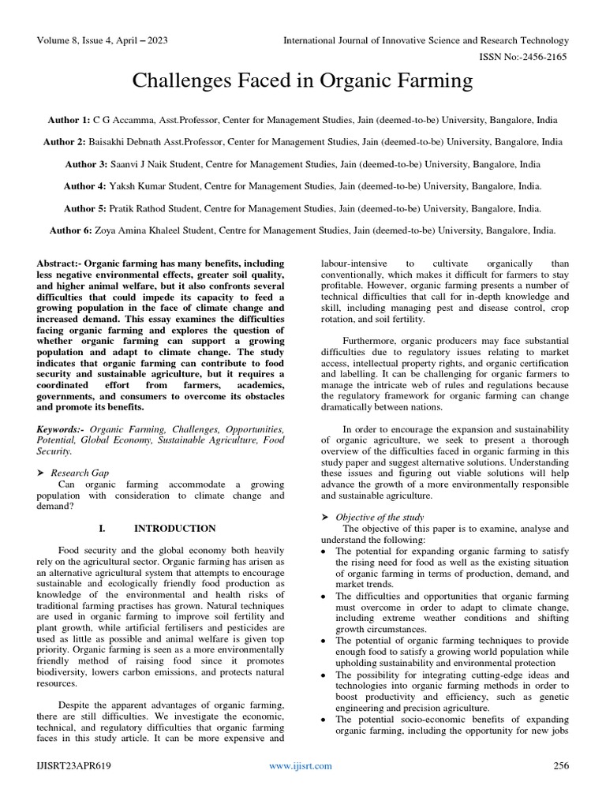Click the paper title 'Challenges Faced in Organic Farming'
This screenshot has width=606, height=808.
point(303,81)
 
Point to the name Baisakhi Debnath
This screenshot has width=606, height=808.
point(136,143)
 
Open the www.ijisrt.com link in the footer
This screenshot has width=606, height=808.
point(300,766)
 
